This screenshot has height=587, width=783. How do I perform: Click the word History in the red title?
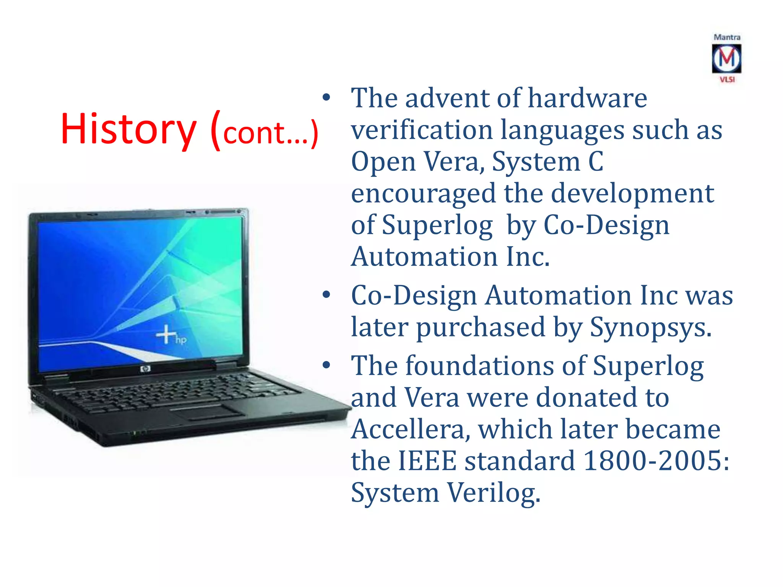pos(128,129)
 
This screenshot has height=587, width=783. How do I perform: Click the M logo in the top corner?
pos(726,58)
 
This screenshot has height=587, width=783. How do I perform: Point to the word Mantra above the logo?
pos(727,37)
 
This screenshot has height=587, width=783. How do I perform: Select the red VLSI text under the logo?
pos(727,79)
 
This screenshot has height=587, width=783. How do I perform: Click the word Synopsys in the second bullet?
pos(650,327)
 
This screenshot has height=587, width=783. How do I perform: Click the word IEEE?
pos(427,461)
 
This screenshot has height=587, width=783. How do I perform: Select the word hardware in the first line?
pos(587,98)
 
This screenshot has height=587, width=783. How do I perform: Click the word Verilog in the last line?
pos(493,493)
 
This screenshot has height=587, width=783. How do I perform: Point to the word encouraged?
pos(423,193)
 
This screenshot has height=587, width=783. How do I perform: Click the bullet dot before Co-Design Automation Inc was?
pos(326,295)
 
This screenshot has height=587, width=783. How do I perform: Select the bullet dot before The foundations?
pos(326,365)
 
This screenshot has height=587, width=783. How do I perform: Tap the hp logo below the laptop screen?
pos(145,369)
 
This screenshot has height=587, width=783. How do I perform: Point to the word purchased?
pos(480,328)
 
